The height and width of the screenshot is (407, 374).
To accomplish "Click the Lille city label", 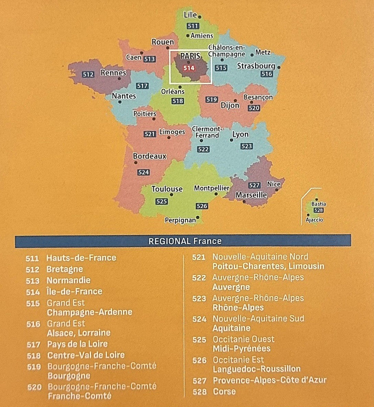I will click(190, 15).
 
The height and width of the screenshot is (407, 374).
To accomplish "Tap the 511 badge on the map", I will click(193, 26).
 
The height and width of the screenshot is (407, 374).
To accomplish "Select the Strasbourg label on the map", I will click(256, 66).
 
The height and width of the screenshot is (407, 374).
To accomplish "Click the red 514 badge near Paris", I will click(189, 68).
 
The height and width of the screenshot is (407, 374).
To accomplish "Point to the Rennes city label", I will click(113, 73).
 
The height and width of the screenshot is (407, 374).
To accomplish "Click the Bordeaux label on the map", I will click(150, 156).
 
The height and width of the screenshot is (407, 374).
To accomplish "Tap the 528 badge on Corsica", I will click(319, 210).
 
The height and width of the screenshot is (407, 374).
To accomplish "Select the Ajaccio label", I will click(314, 220).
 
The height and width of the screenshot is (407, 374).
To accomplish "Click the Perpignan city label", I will click(180, 220).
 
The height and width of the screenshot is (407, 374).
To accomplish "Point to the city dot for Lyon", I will click(231, 140).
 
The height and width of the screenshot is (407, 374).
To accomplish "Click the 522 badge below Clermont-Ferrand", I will click(203, 149).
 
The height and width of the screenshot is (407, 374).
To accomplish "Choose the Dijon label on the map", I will click(230, 105).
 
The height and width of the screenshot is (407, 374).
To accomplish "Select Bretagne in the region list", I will click(65, 269).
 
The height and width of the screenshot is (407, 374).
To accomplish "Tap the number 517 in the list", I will click(33, 344).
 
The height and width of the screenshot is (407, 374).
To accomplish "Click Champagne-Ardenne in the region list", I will click(89, 312).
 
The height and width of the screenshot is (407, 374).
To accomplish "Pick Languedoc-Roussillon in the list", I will click(256, 369).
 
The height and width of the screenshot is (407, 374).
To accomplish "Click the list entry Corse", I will click(224, 392).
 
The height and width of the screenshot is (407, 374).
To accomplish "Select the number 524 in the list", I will click(199, 319).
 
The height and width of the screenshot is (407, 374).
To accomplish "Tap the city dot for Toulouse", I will click(171, 195).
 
